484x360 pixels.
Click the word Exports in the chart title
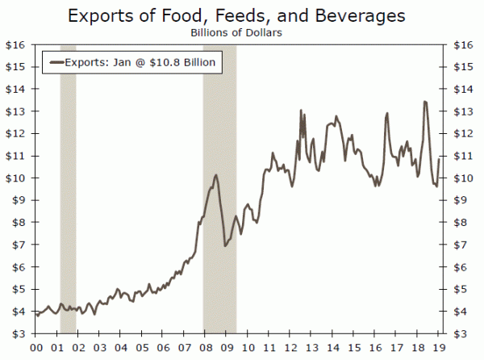[x=103, y=15]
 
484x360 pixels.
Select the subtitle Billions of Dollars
[x=241, y=32]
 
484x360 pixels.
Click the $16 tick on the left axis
[x=16, y=45]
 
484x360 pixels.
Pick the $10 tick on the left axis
[x=16, y=178]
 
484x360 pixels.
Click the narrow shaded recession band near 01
[x=68, y=190]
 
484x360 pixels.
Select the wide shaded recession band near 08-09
[x=219, y=190]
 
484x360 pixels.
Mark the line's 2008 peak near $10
[x=216, y=175]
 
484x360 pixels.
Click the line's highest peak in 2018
[x=425, y=102]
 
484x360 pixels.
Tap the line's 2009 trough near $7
[x=225, y=245]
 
